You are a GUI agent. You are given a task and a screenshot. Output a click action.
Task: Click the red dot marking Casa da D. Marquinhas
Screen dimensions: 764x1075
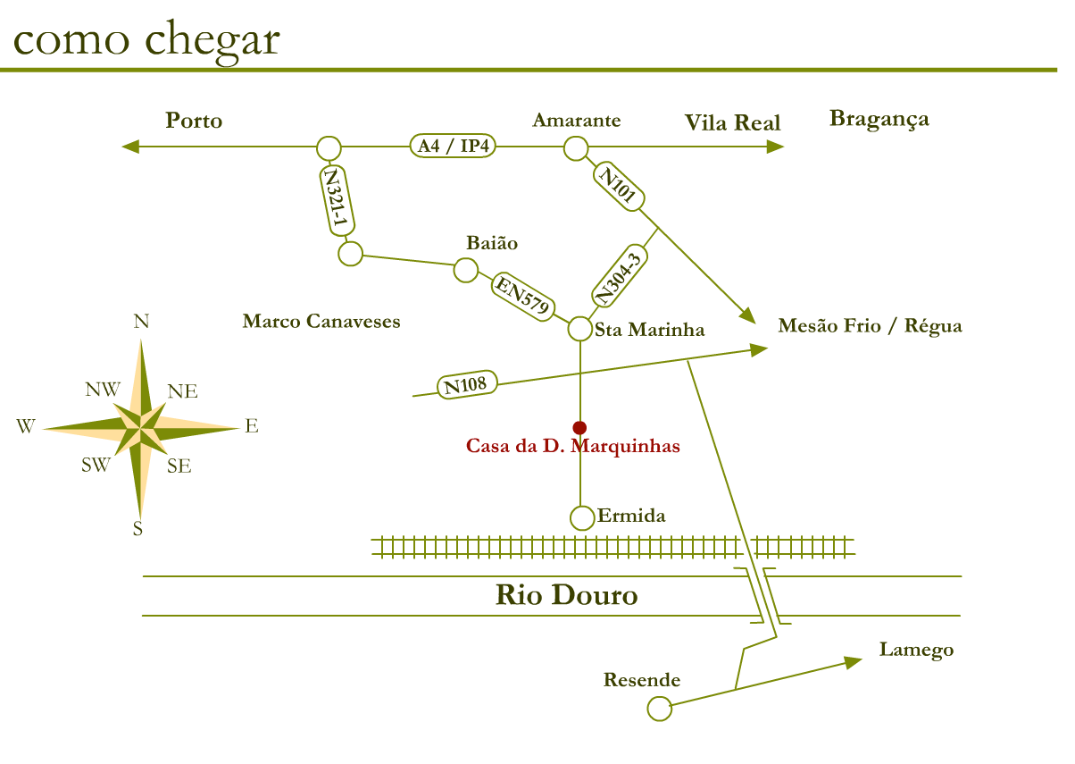(579, 427)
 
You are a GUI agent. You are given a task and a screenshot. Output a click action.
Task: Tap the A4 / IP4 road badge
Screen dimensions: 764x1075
(454, 147)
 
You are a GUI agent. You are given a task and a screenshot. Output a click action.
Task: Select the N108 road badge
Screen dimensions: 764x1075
(465, 386)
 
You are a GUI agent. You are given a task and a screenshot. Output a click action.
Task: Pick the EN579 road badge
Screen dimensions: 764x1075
(522, 296)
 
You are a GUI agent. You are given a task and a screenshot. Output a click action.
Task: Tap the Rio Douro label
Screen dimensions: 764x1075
(566, 595)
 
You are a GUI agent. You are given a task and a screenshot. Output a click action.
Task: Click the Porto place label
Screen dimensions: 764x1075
(194, 121)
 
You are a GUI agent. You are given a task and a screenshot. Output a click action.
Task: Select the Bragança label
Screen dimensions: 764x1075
(879, 119)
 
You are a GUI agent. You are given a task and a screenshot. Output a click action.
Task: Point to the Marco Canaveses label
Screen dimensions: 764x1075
(321, 321)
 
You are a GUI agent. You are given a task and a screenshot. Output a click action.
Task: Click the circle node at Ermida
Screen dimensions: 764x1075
(581, 517)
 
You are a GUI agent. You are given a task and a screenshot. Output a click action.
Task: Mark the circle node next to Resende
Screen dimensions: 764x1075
(659, 709)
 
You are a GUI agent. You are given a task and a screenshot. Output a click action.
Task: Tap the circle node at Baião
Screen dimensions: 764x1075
(466, 270)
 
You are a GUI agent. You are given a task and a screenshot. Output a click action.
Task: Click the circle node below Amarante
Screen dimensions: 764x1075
(576, 148)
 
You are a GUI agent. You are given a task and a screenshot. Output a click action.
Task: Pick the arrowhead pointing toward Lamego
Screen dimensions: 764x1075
(853, 661)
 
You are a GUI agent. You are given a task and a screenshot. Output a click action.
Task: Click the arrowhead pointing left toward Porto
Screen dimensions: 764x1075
(130, 147)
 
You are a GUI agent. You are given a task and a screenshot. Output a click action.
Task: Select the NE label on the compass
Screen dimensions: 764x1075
(183, 391)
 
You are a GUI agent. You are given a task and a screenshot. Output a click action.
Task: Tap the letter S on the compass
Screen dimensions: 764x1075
(137, 529)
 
